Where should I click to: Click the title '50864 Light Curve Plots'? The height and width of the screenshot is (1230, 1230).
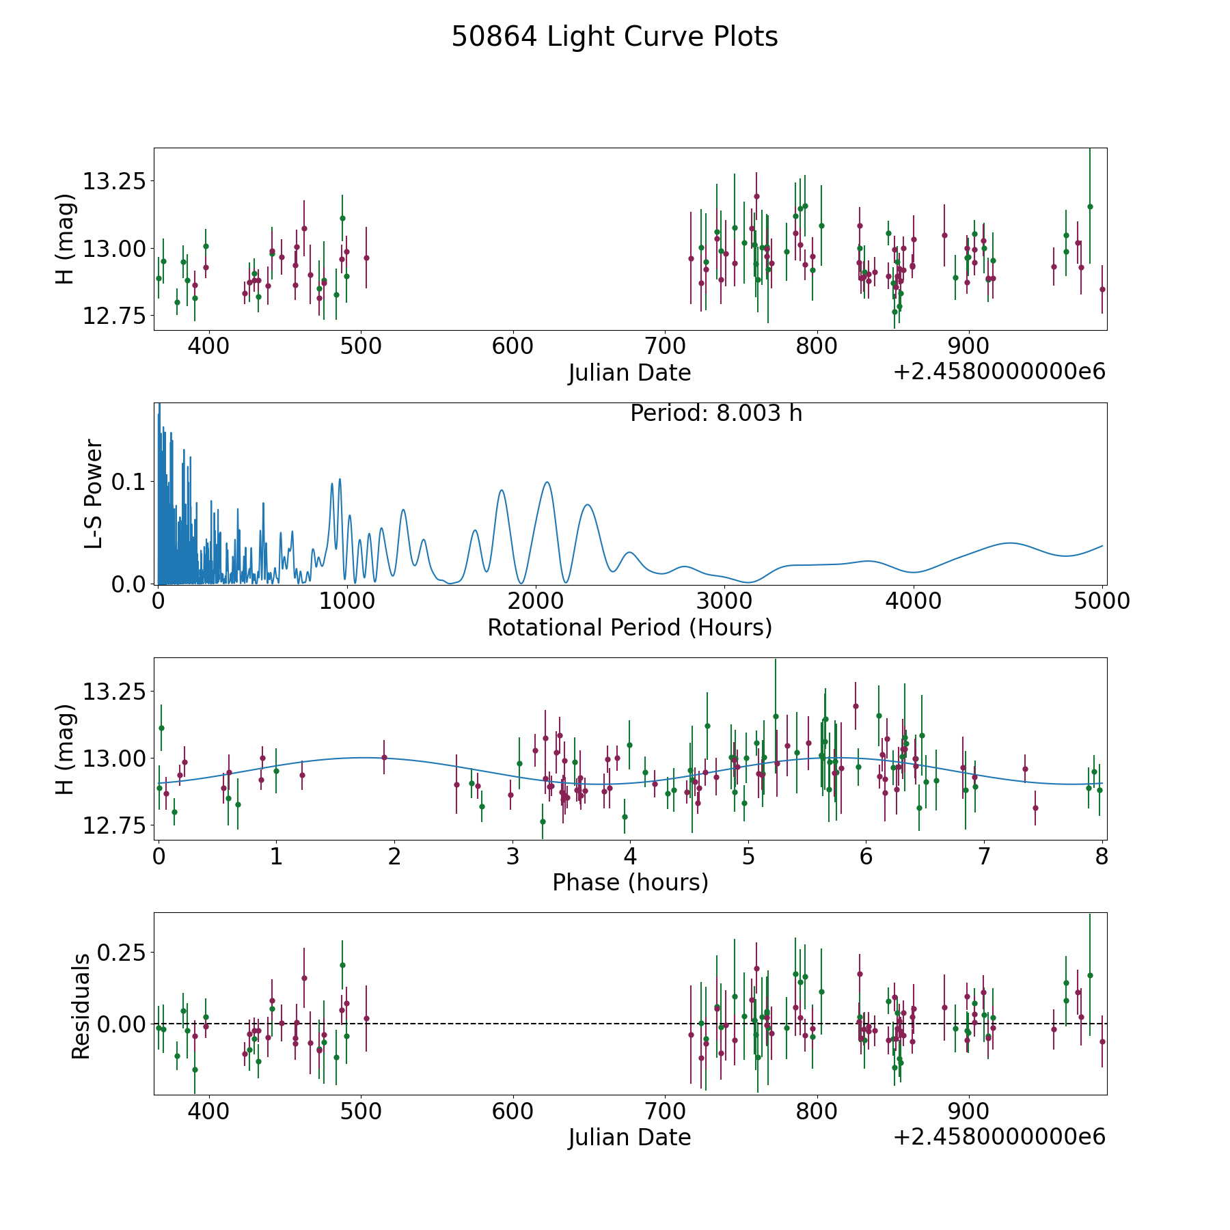[x=614, y=37]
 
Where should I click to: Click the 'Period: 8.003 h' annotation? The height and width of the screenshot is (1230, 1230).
[x=715, y=413]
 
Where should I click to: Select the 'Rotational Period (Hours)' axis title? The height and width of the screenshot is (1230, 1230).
[x=629, y=627]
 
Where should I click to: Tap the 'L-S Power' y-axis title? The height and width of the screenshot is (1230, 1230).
[x=94, y=493]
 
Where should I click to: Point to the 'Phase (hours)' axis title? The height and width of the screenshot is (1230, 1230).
[x=629, y=882]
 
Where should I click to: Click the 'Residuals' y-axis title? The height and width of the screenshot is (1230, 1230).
[x=81, y=1006]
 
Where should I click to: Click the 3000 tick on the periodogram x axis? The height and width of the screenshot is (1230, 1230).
[x=724, y=601]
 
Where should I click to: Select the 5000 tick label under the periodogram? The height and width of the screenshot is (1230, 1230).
[x=1102, y=601]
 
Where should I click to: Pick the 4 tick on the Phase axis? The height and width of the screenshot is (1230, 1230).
[x=630, y=856]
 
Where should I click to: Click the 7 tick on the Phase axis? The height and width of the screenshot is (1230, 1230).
[x=984, y=856]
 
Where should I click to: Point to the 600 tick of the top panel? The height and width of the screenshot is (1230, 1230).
[x=512, y=346]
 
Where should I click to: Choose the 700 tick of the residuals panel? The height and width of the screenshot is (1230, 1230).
[x=665, y=1111]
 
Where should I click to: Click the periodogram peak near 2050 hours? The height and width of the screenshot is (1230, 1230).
[x=547, y=482]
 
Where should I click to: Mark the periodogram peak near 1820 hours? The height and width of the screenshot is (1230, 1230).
[x=502, y=490]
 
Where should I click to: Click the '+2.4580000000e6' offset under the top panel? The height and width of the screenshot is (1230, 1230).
[x=999, y=372]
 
